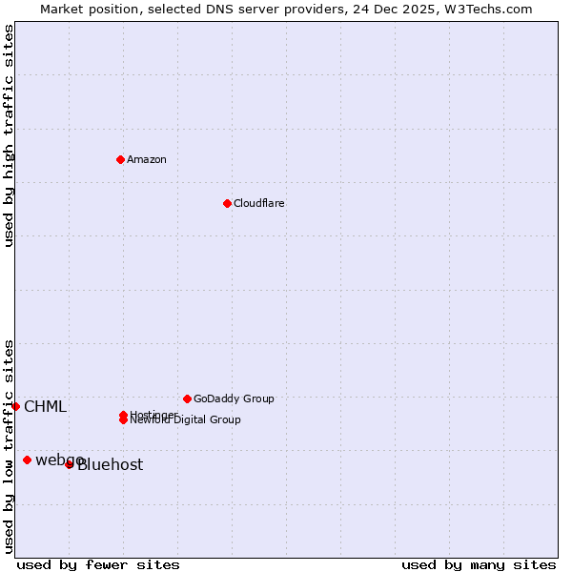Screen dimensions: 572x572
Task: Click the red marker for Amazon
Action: pyautogui.click(x=120, y=159)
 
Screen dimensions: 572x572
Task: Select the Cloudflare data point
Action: pyautogui.click(x=227, y=203)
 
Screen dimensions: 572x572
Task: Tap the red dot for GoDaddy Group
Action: pyautogui.click(x=187, y=398)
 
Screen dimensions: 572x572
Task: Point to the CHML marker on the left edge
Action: pyautogui.click(x=15, y=406)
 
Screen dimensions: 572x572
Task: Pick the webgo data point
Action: pyautogui.click(x=27, y=460)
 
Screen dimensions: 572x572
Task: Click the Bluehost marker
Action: pyautogui.click(x=69, y=464)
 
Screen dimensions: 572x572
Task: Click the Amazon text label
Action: pyautogui.click(x=147, y=159)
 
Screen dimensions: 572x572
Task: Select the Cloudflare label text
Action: pyautogui.click(x=259, y=203)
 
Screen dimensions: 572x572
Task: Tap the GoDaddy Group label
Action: pyautogui.click(x=234, y=398)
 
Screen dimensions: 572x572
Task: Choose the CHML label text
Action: pyautogui.click(x=45, y=407)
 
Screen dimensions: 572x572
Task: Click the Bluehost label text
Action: pyautogui.click(x=111, y=465)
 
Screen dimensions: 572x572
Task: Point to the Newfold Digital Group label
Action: pyautogui.click(x=187, y=420)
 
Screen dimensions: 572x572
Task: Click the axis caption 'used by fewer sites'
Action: pyautogui.click(x=98, y=564)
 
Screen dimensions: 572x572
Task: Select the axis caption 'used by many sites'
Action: pyautogui.click(x=479, y=564)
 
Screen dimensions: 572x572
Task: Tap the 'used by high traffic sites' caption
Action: pyautogui.click(x=9, y=135)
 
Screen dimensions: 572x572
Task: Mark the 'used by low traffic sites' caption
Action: pyautogui.click(x=9, y=445)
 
